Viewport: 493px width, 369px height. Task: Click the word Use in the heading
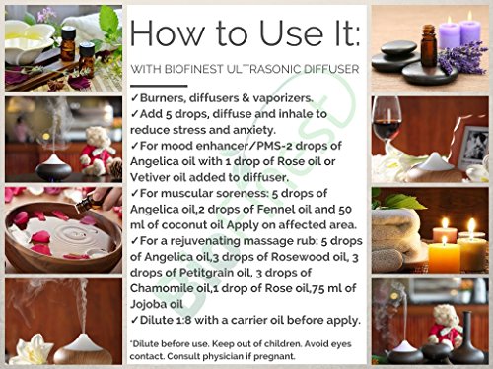click(x=291, y=33)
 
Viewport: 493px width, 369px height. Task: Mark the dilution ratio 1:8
click(x=183, y=320)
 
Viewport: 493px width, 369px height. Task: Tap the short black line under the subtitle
click(x=159, y=86)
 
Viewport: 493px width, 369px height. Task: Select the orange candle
click(x=444, y=257)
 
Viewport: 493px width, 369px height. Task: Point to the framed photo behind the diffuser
click(x=473, y=145)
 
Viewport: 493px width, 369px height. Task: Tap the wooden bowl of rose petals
click(x=62, y=235)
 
